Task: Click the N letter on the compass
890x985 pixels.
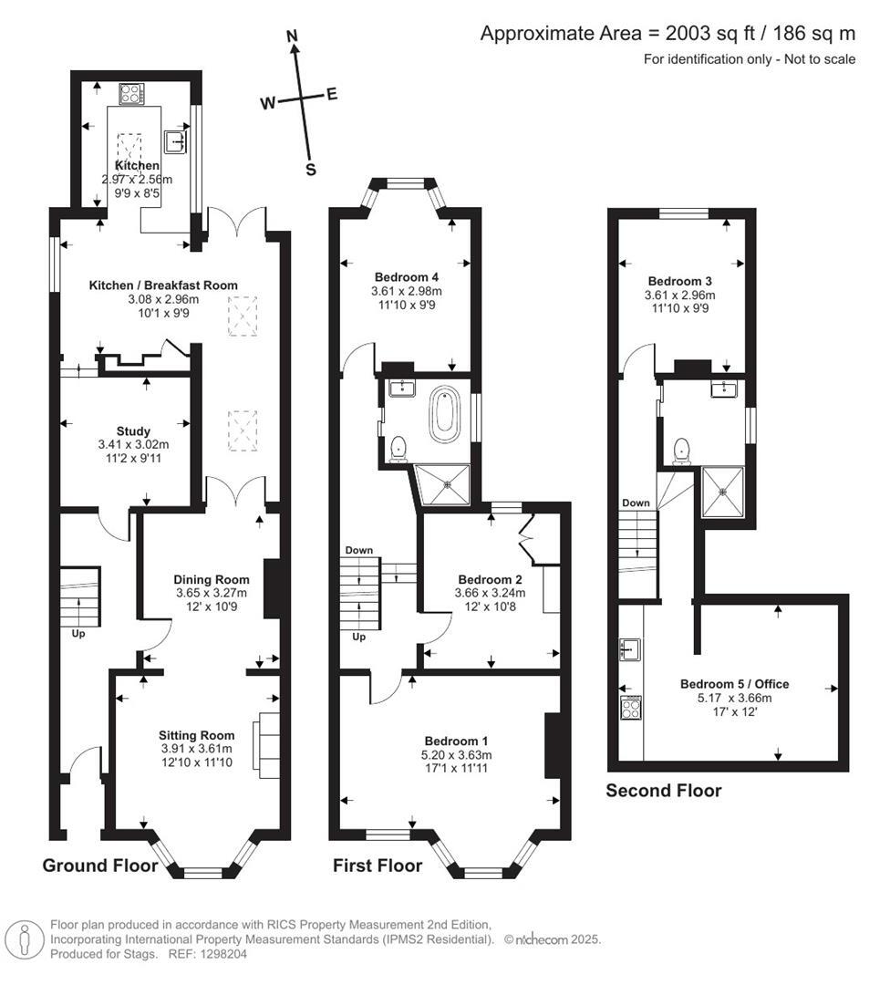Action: [293, 36]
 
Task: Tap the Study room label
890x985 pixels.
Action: [133, 431]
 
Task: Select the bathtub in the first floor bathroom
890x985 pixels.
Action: [446, 415]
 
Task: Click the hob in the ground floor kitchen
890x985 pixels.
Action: [131, 94]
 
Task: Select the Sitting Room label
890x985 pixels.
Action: [196, 735]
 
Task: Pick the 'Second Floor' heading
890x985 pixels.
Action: [663, 791]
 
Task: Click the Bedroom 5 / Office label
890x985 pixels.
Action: [734, 684]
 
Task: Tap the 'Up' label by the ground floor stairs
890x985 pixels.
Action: [78, 632]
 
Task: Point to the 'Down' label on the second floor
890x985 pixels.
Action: [636, 503]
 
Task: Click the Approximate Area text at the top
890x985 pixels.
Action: [667, 34]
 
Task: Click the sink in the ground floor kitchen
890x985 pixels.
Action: [175, 140]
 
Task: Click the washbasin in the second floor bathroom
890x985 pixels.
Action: [727, 390]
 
